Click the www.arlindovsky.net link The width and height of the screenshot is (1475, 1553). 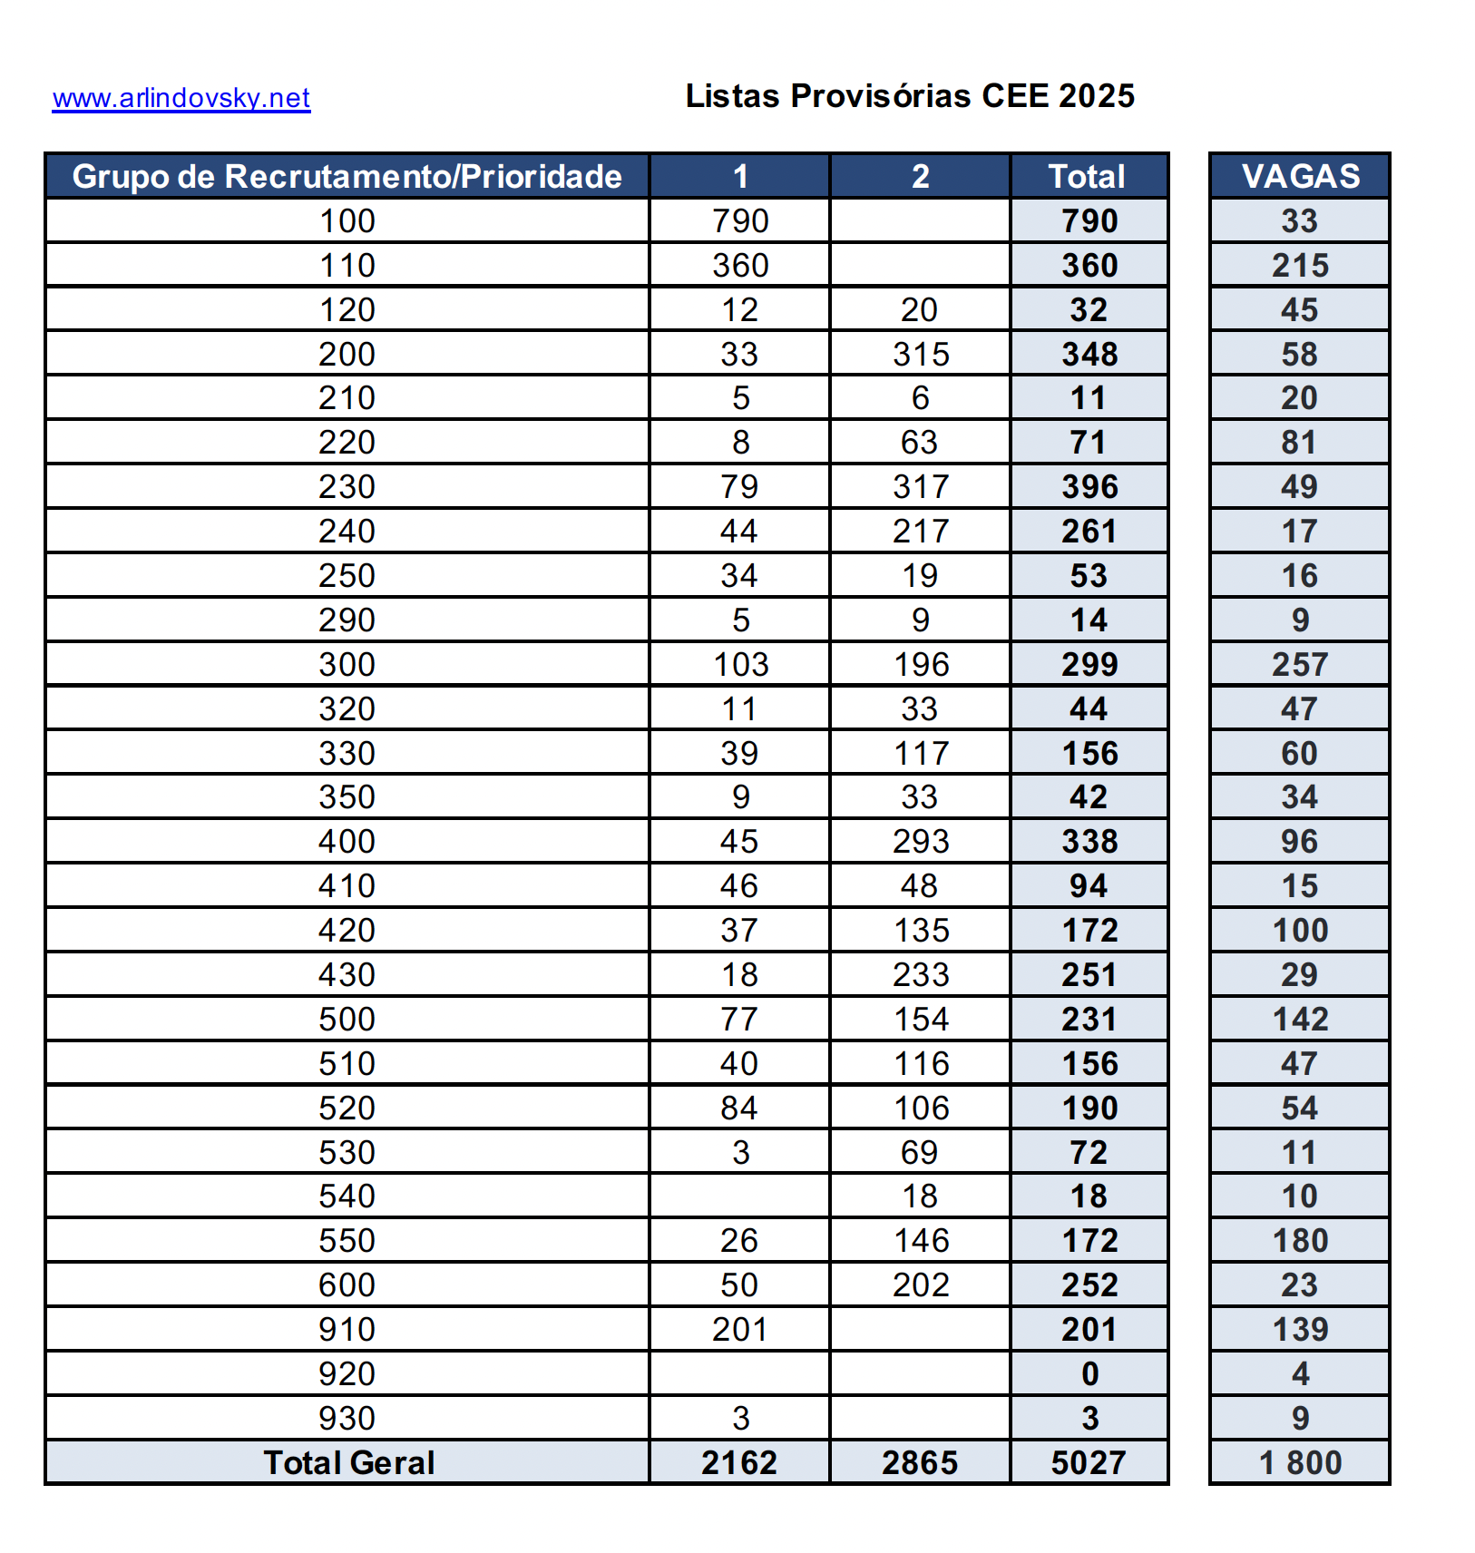point(181,98)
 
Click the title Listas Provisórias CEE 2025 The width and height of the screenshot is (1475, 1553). point(910,96)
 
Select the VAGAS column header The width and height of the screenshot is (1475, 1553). point(1300,176)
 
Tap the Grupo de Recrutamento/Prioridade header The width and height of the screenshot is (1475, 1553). point(347,176)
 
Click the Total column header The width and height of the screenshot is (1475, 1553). point(1088,176)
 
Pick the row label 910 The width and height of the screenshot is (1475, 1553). point(347,1329)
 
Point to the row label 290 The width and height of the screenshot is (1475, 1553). point(347,620)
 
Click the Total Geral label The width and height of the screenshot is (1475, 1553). point(348,1462)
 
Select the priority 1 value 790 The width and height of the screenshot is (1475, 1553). point(740,220)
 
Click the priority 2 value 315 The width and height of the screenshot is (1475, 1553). point(920,354)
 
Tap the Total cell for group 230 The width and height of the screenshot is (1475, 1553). point(1089,486)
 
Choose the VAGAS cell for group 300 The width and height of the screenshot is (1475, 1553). point(1300,664)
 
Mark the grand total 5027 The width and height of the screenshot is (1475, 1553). point(1089,1462)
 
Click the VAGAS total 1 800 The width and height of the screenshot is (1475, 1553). point(1300,1462)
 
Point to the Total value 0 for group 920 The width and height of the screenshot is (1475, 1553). point(1089,1373)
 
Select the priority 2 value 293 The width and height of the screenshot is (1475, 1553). point(920,841)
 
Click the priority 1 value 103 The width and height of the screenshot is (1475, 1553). point(740,664)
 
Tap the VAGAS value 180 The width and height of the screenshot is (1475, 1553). point(1300,1240)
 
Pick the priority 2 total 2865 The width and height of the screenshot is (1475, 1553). point(920,1462)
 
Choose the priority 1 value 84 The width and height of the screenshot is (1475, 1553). point(740,1108)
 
